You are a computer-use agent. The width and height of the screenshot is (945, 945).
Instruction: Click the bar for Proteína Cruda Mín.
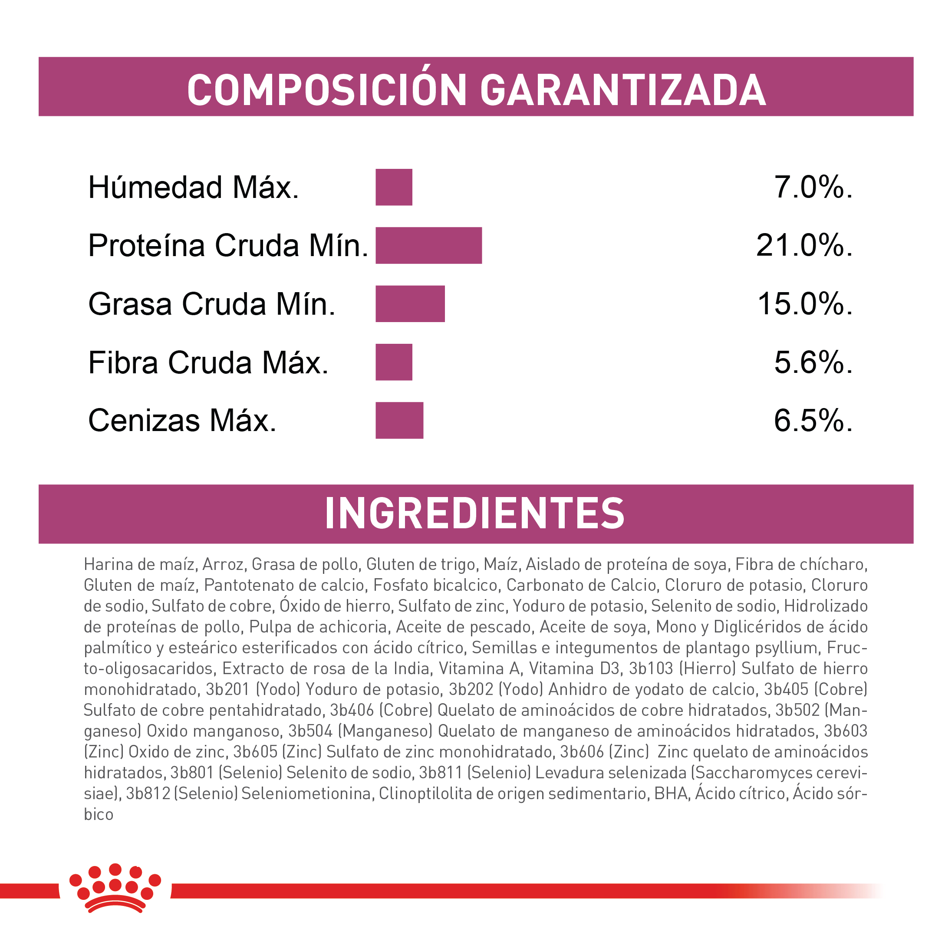[428, 245]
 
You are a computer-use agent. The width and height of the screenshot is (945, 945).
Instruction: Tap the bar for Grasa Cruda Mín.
[410, 304]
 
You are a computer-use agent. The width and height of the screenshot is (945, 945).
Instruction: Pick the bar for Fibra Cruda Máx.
[394, 362]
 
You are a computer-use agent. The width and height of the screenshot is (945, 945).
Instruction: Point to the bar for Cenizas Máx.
[399, 420]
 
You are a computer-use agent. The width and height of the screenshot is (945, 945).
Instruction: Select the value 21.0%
[804, 245]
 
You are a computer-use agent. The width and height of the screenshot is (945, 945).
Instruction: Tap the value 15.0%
[805, 304]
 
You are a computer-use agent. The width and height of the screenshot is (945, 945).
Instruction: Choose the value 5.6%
[813, 362]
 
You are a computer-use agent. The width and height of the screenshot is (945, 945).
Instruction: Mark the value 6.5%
[813, 420]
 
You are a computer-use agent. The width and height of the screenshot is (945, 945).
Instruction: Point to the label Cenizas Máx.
[182, 420]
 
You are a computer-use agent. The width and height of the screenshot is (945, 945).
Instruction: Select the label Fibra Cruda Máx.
[208, 362]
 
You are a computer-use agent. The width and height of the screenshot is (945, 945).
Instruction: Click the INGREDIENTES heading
[474, 514]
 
